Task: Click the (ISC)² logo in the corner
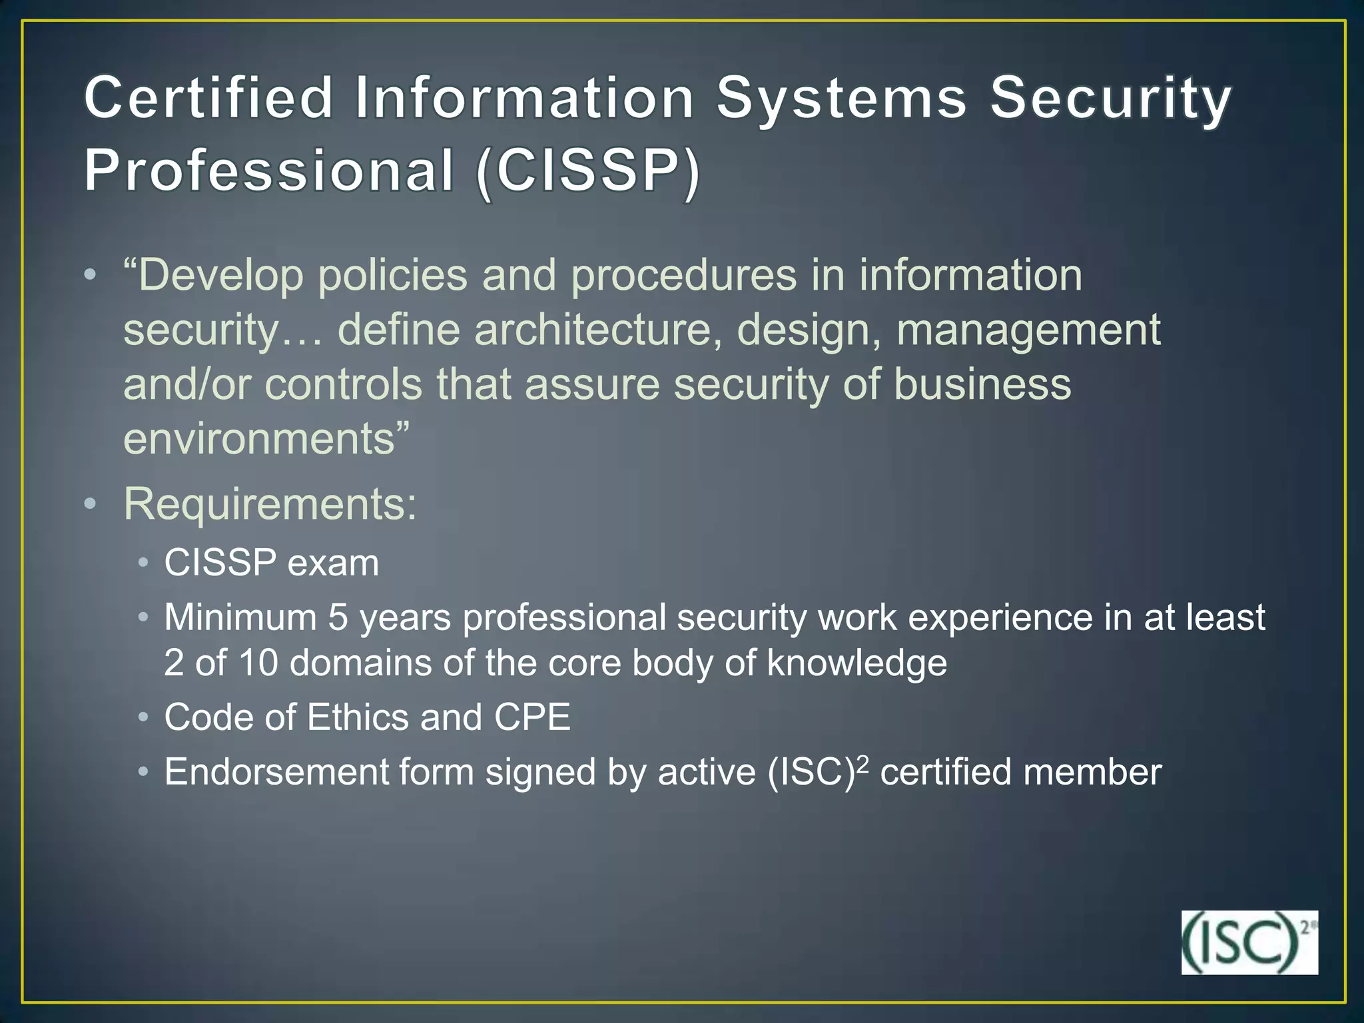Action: click(1249, 942)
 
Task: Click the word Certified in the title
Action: click(208, 98)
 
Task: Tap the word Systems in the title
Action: click(841, 98)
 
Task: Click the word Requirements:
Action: click(270, 504)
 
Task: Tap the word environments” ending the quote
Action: click(266, 439)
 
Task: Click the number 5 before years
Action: click(338, 617)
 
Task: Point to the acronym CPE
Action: click(532, 717)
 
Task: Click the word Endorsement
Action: click(276, 773)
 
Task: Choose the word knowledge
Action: click(856, 663)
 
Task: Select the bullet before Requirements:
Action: click(91, 505)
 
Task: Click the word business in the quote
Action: click(982, 384)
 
